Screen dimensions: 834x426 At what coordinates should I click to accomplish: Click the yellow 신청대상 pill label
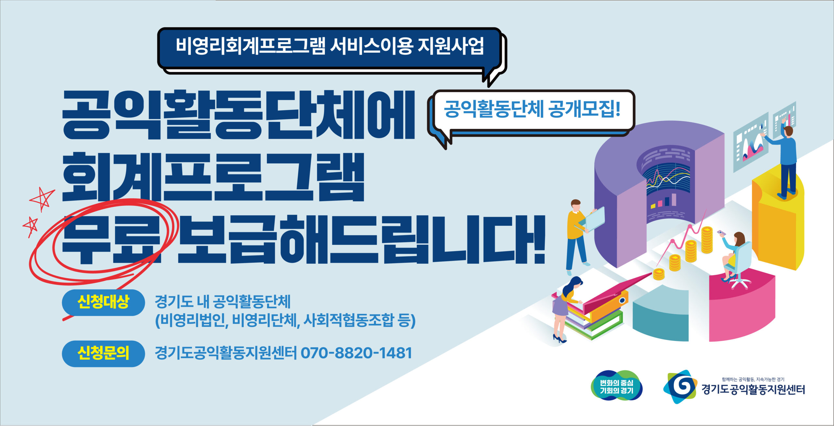103,302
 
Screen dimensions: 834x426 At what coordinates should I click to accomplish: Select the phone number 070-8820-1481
356,353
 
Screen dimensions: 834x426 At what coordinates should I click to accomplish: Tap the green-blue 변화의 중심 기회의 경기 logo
617,386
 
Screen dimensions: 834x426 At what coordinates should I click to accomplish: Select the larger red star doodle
42,199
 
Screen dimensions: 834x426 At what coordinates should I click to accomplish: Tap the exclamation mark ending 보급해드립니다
538,239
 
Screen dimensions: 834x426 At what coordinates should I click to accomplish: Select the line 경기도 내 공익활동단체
223,302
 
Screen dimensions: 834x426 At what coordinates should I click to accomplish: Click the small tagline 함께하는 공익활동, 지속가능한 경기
753,379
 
